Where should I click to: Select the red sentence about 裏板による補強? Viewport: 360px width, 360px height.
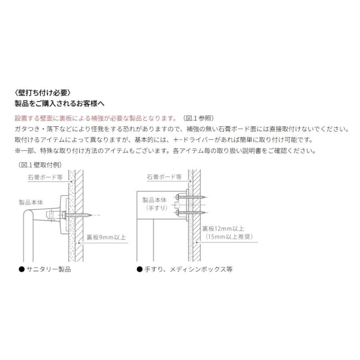(x=95, y=118)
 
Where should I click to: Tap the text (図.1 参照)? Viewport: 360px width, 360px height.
(x=198, y=118)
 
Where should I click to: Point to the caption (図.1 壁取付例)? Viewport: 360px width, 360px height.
(x=40, y=164)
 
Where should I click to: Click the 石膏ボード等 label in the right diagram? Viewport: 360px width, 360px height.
(x=164, y=177)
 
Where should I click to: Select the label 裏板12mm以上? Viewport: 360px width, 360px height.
(x=223, y=229)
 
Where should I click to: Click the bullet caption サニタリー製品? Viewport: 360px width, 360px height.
(x=48, y=269)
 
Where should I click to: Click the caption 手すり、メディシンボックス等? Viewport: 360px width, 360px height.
(x=188, y=269)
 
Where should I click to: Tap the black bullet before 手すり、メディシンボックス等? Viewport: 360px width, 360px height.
(x=140, y=269)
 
